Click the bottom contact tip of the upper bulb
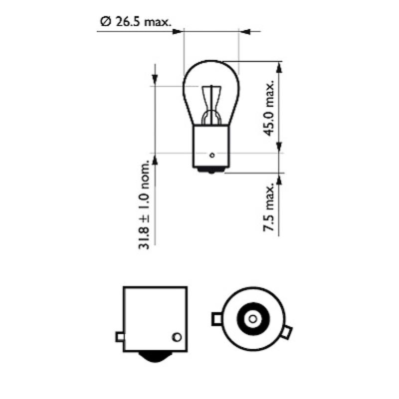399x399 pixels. pyautogui.click(x=212, y=172)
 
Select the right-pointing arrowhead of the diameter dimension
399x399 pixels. pyautogui.click(x=177, y=31)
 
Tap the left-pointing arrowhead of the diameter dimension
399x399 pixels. pyautogui.click(x=244, y=31)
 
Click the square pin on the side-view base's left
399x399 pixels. pyautogui.click(x=120, y=337)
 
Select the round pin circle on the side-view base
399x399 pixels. pyautogui.click(x=176, y=337)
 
